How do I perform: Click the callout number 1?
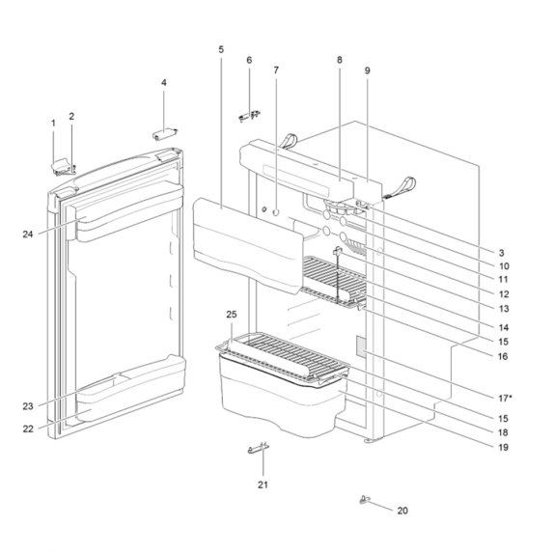point(53,123)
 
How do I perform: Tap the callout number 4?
point(163,83)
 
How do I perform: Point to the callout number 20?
point(402,510)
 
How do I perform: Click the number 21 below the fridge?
point(262,484)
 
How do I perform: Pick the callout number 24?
point(29,234)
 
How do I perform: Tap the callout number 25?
point(231,316)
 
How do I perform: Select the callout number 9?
point(367,71)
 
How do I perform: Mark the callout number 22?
point(29,428)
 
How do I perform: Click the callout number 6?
point(249,60)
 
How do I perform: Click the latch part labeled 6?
point(248,115)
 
